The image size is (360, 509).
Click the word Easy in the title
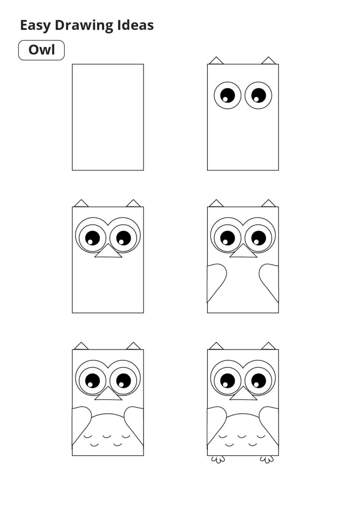(x=35, y=25)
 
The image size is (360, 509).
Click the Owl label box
(x=41, y=50)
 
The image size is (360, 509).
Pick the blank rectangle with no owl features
(x=108, y=117)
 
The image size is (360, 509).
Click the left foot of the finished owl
(x=217, y=459)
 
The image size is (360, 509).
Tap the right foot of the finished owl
(x=267, y=459)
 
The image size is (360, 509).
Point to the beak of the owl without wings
(x=108, y=252)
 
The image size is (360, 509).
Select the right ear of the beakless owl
(x=269, y=60)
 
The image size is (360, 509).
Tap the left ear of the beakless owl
(x=216, y=60)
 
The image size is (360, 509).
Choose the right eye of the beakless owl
(x=258, y=95)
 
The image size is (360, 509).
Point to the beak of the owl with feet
(x=243, y=394)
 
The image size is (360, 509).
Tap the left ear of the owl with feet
(x=216, y=346)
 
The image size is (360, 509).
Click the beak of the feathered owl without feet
(x=108, y=394)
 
